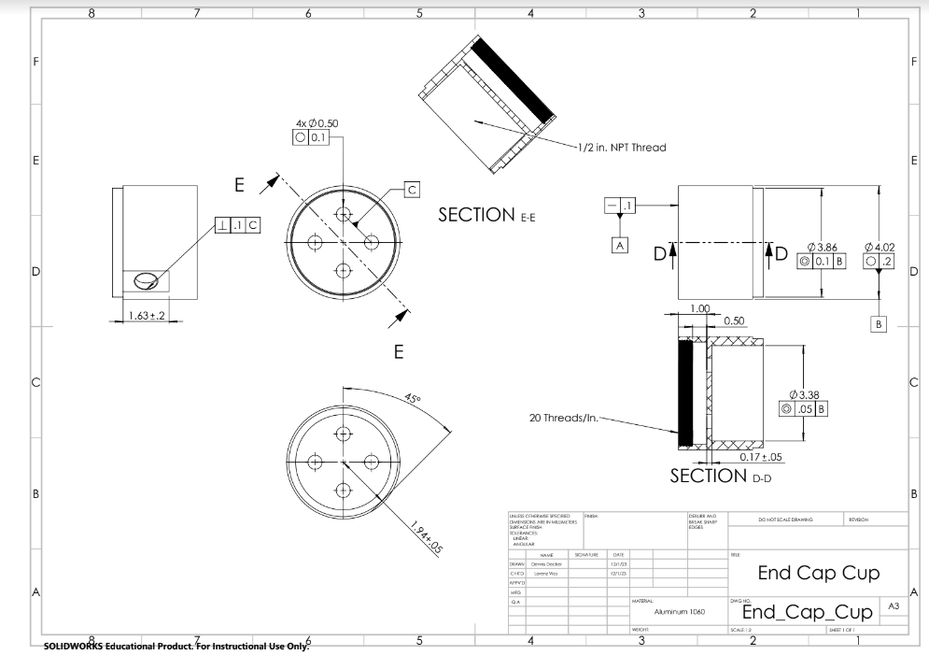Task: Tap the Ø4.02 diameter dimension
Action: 880,248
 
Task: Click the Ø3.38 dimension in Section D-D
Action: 804,394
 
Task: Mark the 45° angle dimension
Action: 413,398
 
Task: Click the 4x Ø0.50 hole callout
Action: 317,122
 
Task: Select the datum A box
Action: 618,245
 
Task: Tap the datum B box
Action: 878,323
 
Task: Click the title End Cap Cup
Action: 818,573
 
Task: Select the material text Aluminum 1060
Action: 679,611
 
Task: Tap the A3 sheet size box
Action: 894,607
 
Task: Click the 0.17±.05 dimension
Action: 759,456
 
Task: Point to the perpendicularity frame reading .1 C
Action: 238,225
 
